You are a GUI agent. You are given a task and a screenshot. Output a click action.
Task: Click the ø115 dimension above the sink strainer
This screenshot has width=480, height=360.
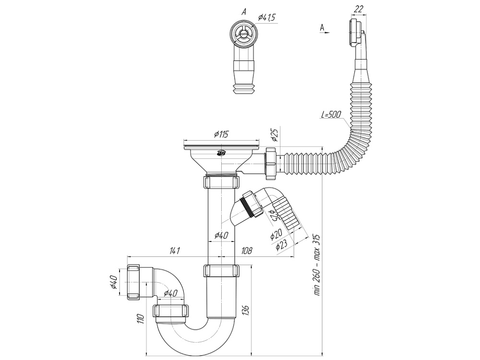221,135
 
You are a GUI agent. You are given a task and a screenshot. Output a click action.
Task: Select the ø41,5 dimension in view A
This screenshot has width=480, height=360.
266,18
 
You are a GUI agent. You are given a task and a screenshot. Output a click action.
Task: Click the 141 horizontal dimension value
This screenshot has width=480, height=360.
175,250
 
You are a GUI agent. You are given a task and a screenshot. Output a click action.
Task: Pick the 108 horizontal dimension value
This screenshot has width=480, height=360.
247,250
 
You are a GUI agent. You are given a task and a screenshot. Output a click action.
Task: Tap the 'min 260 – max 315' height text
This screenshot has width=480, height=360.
317,265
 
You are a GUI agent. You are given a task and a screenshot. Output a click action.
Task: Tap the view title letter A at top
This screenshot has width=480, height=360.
244,12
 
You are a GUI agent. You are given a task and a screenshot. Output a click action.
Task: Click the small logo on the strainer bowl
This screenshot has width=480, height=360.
222,154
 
